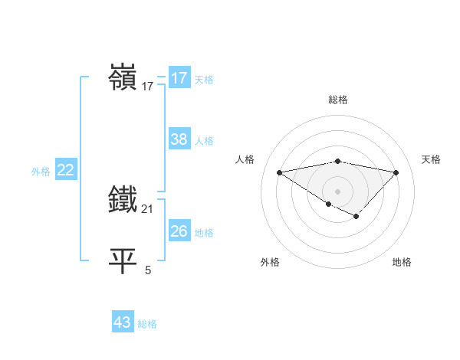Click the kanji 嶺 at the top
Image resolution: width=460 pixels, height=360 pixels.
[x=124, y=78]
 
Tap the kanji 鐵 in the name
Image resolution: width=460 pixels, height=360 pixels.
[x=124, y=201]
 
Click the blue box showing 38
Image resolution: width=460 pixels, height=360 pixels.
[x=179, y=139]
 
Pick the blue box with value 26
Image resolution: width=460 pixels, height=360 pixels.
[x=179, y=231]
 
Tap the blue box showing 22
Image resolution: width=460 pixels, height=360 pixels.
[x=65, y=170]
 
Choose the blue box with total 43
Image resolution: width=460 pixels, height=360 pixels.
[x=122, y=322]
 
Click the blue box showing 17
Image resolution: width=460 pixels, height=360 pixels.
[x=179, y=78]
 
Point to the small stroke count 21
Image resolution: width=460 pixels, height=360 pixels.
[x=148, y=208]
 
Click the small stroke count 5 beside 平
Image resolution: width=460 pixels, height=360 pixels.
[x=148, y=270]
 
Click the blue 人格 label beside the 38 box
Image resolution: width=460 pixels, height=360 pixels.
[x=204, y=140]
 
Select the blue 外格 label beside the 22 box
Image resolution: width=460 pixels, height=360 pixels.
[x=41, y=172]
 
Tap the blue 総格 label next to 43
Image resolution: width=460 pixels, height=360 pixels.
[x=147, y=323]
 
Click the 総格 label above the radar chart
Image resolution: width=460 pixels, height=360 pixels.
[x=337, y=100]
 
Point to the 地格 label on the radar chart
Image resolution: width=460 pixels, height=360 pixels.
[x=402, y=262]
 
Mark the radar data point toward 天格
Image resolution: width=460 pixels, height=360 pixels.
[x=396, y=172]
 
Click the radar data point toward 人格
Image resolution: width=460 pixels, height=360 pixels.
[x=279, y=172]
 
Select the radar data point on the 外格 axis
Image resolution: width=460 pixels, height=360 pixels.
[x=329, y=204]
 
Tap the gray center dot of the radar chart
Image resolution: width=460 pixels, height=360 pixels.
[x=337, y=190]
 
